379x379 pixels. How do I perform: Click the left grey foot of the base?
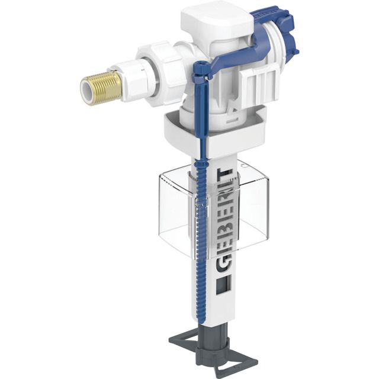(x=181, y=342)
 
